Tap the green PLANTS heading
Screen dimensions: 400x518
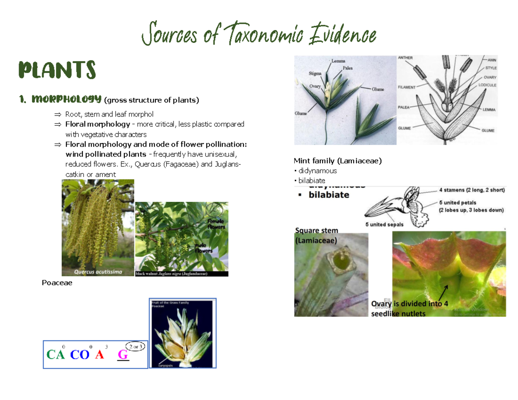[x=56, y=70]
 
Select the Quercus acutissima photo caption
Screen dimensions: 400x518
[x=98, y=272]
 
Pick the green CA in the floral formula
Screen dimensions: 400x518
[x=56, y=355]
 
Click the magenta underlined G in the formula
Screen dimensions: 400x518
[x=123, y=355]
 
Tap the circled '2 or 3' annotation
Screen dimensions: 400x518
[x=135, y=346]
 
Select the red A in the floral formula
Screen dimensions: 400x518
[x=100, y=355]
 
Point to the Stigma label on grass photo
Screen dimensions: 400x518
[x=315, y=73]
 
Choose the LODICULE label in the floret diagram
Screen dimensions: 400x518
[x=487, y=85]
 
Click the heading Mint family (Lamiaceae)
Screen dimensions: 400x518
[x=338, y=161]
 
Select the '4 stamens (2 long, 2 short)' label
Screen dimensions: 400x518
[x=472, y=189]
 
